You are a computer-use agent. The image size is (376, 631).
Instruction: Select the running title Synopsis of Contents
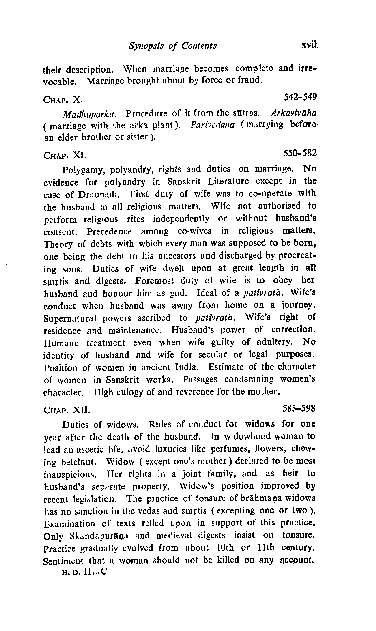click(x=173, y=46)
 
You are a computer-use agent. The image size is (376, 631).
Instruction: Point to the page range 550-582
click(x=300, y=153)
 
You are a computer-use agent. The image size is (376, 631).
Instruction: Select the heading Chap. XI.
click(x=65, y=156)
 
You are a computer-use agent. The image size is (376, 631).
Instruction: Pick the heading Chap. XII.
click(x=67, y=410)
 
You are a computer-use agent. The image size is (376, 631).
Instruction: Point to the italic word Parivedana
click(x=212, y=125)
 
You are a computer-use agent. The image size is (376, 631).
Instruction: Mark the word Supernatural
click(x=70, y=319)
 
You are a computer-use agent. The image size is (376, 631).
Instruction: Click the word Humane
click(x=61, y=343)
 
